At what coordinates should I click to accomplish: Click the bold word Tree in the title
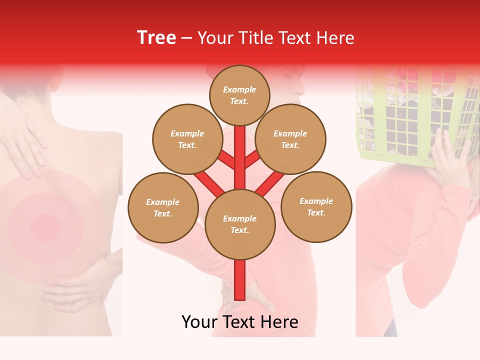[x=156, y=38]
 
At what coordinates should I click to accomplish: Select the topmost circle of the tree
[x=239, y=95]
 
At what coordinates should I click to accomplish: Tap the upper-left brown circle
[x=187, y=139]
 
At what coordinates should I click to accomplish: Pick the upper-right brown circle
[x=290, y=139]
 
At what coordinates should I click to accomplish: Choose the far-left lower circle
[x=162, y=207]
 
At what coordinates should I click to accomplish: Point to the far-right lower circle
[x=316, y=206]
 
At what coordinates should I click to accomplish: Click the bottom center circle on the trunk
[x=239, y=224]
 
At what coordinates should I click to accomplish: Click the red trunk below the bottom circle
[x=239, y=280]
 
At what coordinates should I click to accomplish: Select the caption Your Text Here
[x=239, y=322]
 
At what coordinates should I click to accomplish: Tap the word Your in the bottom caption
[x=199, y=322]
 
